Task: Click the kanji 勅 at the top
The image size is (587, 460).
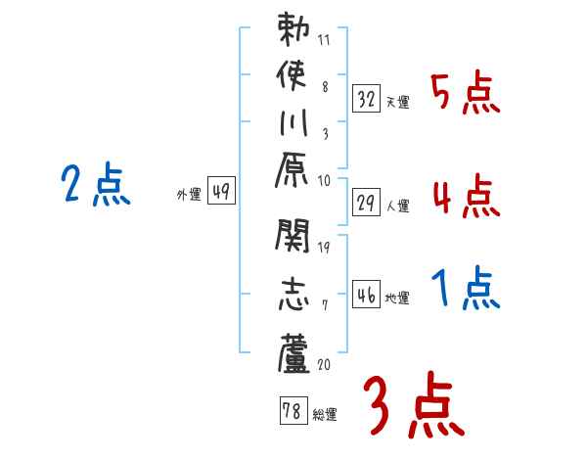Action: tap(293, 32)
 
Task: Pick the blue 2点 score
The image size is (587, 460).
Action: tap(95, 184)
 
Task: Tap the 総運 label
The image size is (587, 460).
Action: tap(325, 415)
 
